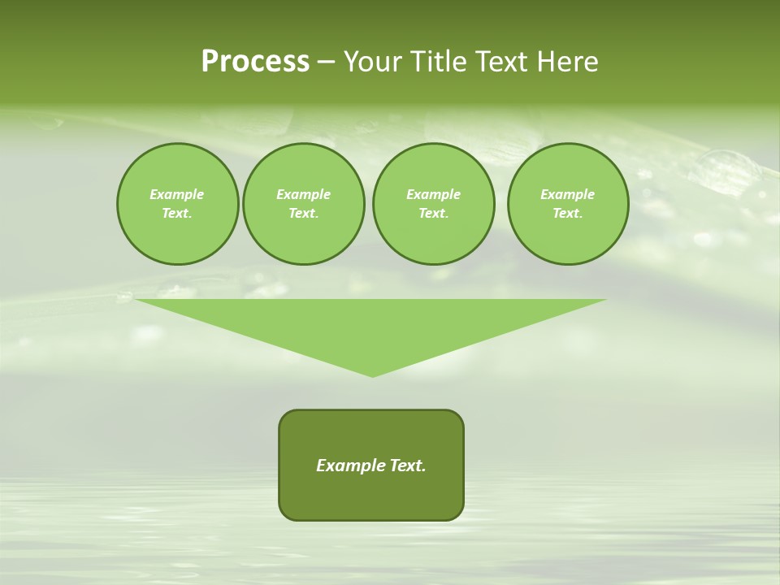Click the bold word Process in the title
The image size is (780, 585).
tap(255, 62)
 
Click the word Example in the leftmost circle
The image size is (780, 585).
tap(177, 194)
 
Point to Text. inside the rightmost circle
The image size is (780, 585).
tap(567, 213)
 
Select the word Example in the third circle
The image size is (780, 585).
tap(433, 194)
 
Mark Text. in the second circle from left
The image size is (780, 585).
tap(303, 213)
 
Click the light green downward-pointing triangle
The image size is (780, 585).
tap(371, 325)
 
